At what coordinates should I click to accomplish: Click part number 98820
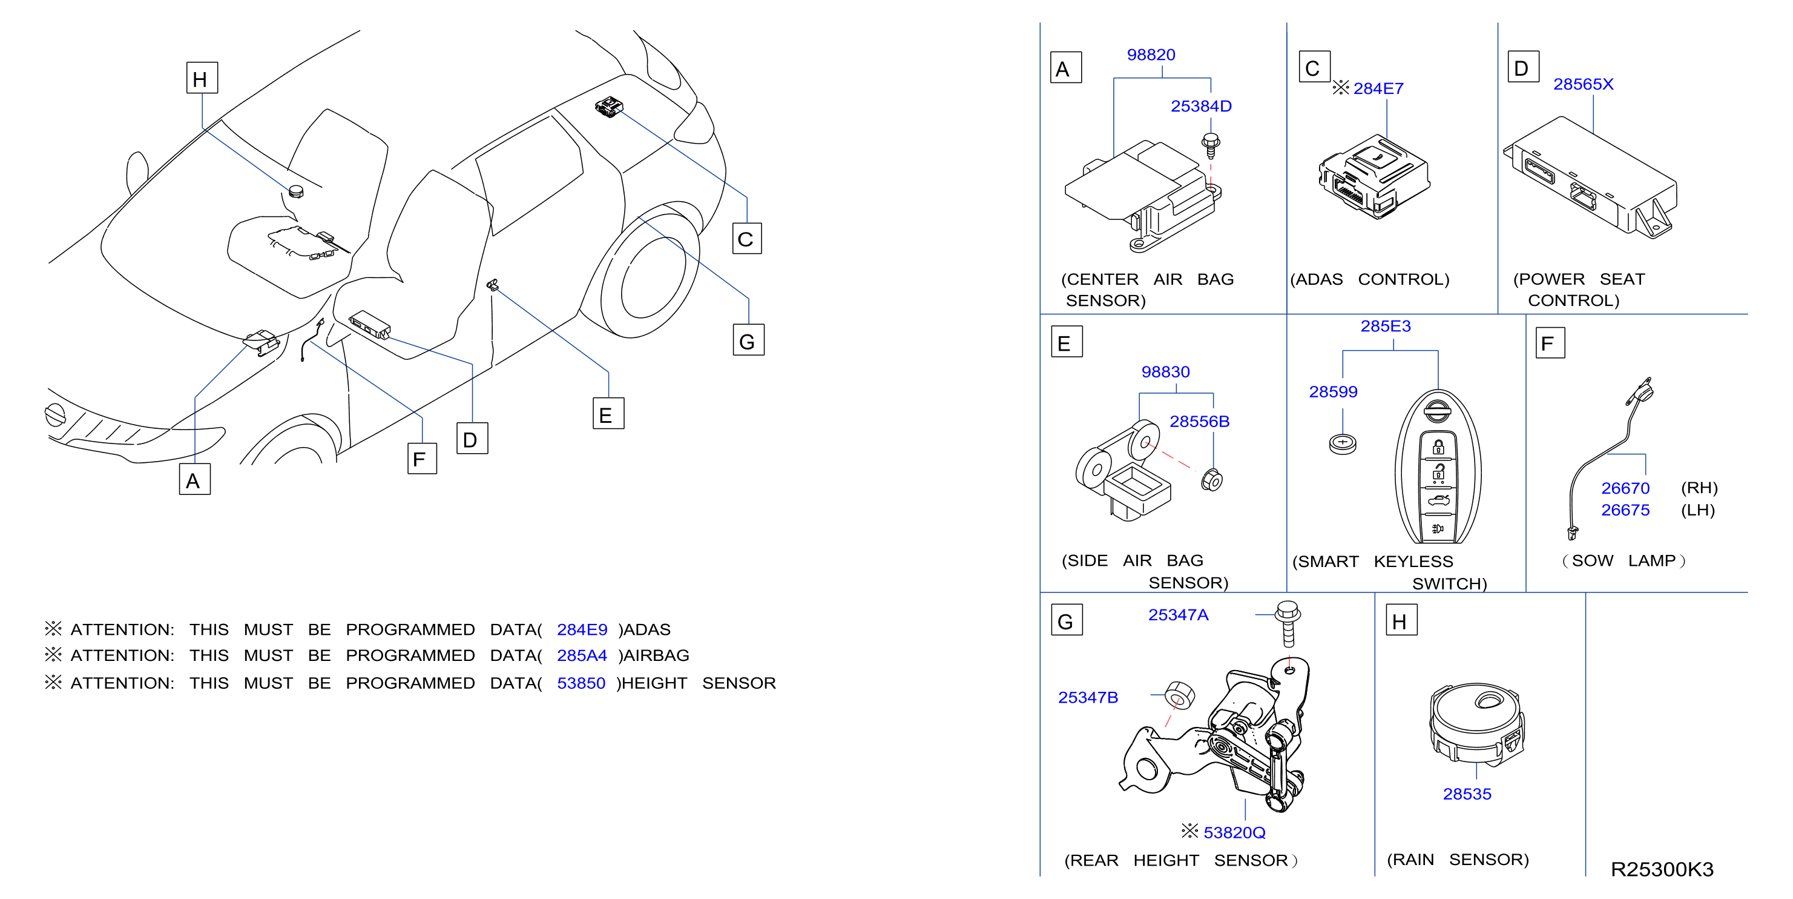(1151, 55)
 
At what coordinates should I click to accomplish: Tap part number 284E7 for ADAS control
(1378, 89)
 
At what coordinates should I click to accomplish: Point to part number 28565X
(1583, 84)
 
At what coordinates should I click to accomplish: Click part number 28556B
(1199, 422)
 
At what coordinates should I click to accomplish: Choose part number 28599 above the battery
(1333, 392)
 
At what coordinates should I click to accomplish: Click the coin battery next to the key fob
(1343, 443)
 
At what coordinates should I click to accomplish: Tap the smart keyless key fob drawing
(1438, 466)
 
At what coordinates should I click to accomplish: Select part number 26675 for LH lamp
(1625, 511)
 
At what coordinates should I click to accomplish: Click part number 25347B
(1088, 698)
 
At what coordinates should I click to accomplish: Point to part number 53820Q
(1234, 833)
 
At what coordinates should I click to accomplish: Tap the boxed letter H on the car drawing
(202, 78)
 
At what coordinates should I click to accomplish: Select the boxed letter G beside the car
(748, 340)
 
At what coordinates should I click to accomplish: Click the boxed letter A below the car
(195, 480)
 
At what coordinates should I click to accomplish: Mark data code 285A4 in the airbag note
(582, 656)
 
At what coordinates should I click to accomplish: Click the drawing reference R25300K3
(1662, 870)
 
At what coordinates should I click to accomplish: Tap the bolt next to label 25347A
(1288, 624)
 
